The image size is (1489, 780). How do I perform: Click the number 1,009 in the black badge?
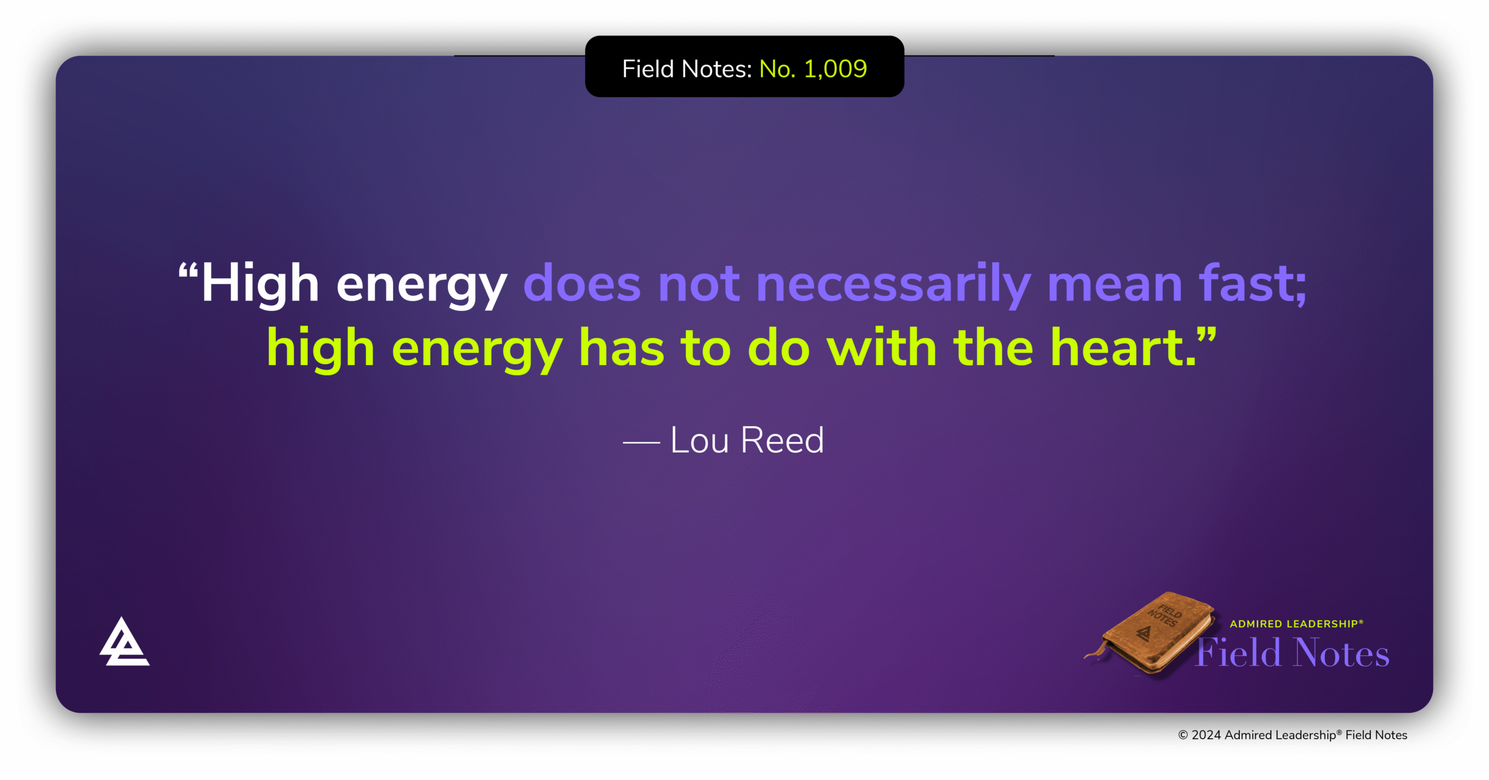coord(835,69)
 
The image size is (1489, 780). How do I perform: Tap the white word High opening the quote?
coord(260,283)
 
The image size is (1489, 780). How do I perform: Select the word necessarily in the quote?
coord(893,283)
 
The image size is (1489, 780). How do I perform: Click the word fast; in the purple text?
coord(1252,283)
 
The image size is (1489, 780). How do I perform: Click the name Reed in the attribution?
coord(782,440)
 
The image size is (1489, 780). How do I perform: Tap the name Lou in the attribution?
coord(699,440)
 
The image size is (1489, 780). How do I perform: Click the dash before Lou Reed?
coord(641,442)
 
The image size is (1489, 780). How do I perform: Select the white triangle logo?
coord(124,643)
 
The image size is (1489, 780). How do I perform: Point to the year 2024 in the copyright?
coord(1206,735)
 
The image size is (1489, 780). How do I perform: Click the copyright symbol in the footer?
coord(1182,735)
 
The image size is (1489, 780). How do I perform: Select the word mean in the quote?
coord(1114,283)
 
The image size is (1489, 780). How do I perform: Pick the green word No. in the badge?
coord(777,69)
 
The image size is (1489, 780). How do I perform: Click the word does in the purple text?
coord(582,283)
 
